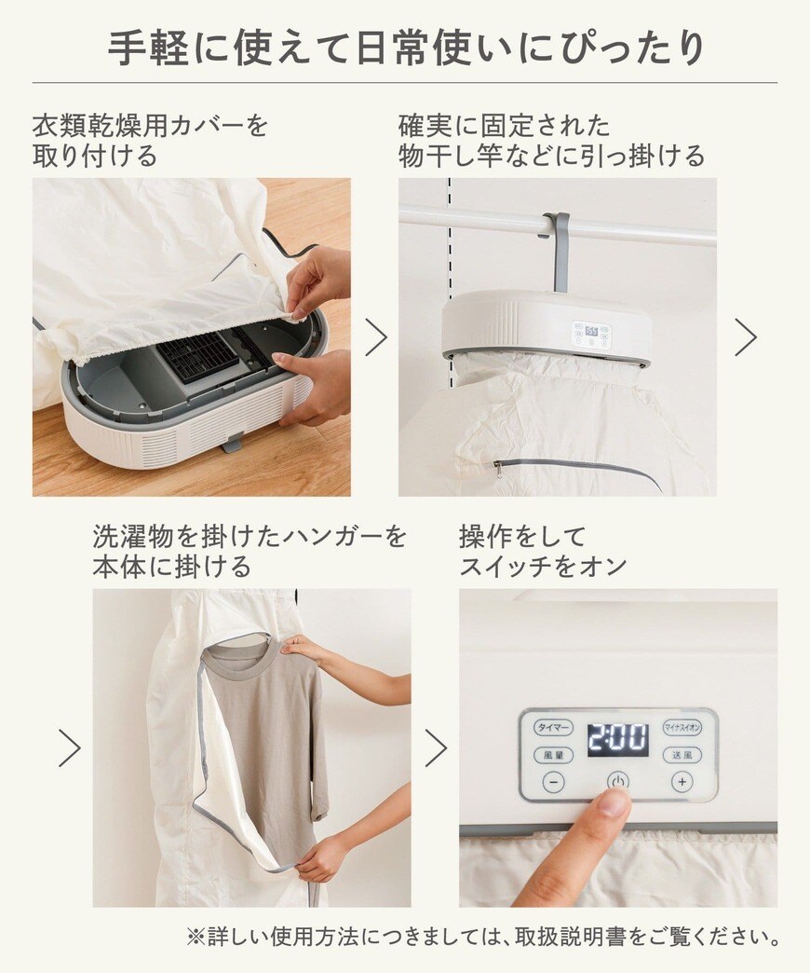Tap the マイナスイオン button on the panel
point(682,727)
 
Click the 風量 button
point(553,755)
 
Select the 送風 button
point(682,755)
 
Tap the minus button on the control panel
point(553,782)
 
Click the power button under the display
point(617,781)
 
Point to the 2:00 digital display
point(617,740)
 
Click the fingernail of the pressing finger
point(614,802)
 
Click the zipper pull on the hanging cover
point(499,469)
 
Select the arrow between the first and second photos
point(375,336)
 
